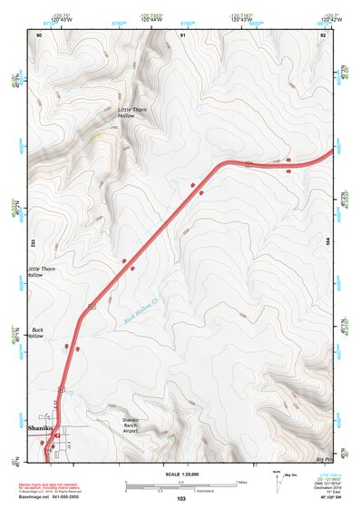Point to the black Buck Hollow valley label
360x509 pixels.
pyautogui.click(x=37, y=332)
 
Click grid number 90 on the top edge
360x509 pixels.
pyautogui.click(x=39, y=34)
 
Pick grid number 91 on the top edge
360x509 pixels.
pyautogui.click(x=182, y=34)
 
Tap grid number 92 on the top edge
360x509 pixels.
pyautogui.click(x=322, y=34)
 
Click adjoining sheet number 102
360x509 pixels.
pyautogui.click(x=32, y=243)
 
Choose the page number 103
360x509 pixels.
pyautogui.click(x=181, y=499)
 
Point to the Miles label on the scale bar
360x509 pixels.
pyautogui.click(x=241, y=482)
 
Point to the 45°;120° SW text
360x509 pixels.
pyautogui.click(x=319, y=498)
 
